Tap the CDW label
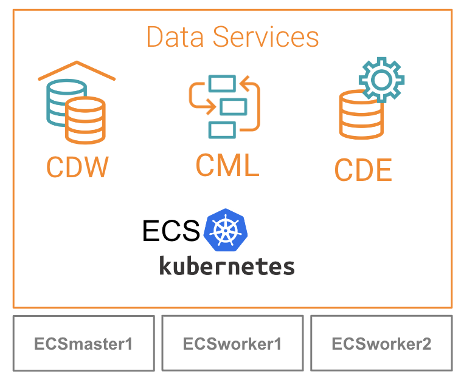[x=77, y=167]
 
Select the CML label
[x=227, y=165]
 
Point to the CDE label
[x=363, y=170]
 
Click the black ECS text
[x=171, y=231]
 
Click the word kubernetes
[x=227, y=266]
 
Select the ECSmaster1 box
[x=83, y=344]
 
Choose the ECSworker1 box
[x=232, y=344]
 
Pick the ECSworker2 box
[x=381, y=344]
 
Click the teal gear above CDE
[x=381, y=80]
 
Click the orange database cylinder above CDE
[x=361, y=115]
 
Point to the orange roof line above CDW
[x=77, y=70]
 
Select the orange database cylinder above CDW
[x=85, y=121]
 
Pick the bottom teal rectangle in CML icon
[x=221, y=129]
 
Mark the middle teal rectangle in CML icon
[x=233, y=107]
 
